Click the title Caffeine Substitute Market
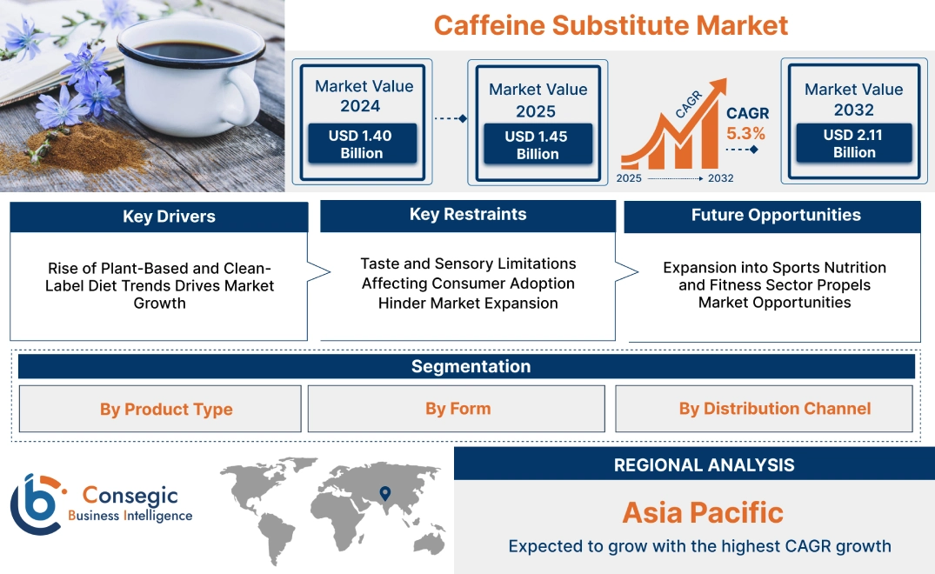pyautogui.click(x=611, y=24)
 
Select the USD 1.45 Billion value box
pyautogui.click(x=538, y=144)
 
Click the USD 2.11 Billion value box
pyautogui.click(x=854, y=143)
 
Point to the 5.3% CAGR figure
pyautogui.click(x=745, y=133)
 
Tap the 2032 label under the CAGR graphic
pyautogui.click(x=720, y=178)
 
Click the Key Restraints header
pyautogui.click(x=468, y=215)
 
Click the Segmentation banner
pyautogui.click(x=471, y=366)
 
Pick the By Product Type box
pyautogui.click(x=166, y=409)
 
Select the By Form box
pyautogui.click(x=457, y=408)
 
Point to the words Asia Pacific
pyautogui.click(x=703, y=512)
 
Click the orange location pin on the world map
pyautogui.click(x=384, y=494)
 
